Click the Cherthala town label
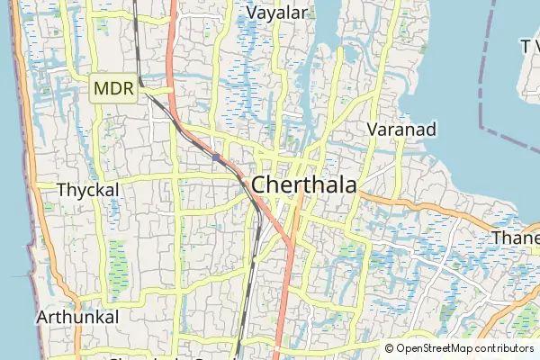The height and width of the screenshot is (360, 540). pyautogui.click(x=304, y=184)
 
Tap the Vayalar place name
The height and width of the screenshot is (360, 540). pyautogui.click(x=277, y=13)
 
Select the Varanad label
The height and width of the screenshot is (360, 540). pyautogui.click(x=402, y=130)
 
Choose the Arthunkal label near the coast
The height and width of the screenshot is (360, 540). pyautogui.click(x=77, y=318)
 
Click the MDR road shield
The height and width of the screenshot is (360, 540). pyautogui.click(x=114, y=90)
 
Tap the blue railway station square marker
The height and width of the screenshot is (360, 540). pyautogui.click(x=217, y=157)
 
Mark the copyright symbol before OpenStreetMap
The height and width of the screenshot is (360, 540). pyautogui.click(x=390, y=348)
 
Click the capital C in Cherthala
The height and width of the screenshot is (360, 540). pyautogui.click(x=259, y=184)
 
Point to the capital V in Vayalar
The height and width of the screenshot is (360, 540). pyautogui.click(x=252, y=13)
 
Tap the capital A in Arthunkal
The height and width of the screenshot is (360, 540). pyautogui.click(x=43, y=318)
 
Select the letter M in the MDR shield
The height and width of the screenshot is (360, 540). pyautogui.click(x=102, y=90)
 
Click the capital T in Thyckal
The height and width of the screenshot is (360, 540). pyautogui.click(x=61, y=190)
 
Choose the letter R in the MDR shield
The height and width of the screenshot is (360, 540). pyautogui.click(x=127, y=90)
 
